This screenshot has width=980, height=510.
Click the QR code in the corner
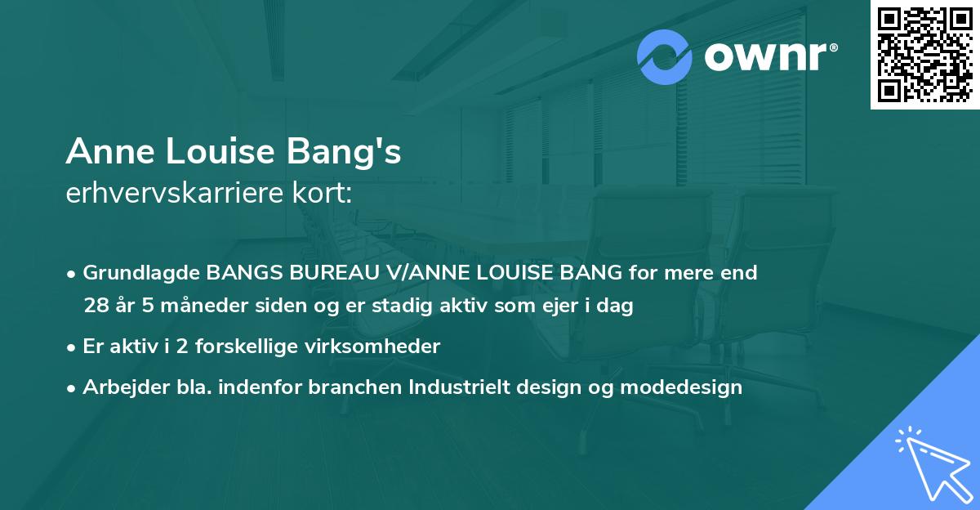[x=924, y=55]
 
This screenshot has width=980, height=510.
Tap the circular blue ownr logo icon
[x=665, y=57]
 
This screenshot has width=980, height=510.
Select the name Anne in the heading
[x=104, y=152]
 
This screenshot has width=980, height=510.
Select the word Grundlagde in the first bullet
[x=141, y=273]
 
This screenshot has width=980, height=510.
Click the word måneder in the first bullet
[x=181, y=306]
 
